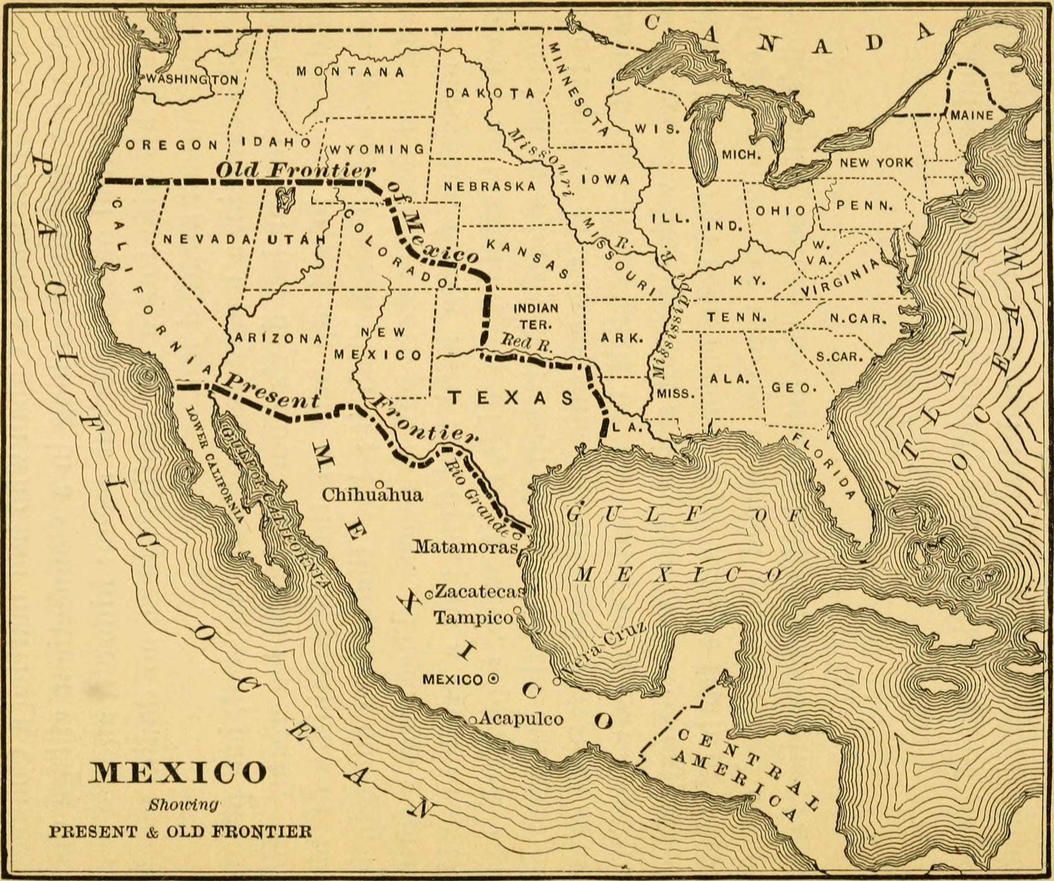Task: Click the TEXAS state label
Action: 511,398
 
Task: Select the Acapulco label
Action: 521,719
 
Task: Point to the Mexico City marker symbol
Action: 494,679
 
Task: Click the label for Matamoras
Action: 464,546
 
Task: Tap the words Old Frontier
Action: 296,171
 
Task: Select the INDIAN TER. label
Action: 536,317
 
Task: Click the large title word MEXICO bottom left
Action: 177,772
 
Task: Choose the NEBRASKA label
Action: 490,186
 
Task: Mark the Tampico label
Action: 473,617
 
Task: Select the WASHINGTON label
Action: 192,79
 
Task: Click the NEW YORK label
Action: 877,163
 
